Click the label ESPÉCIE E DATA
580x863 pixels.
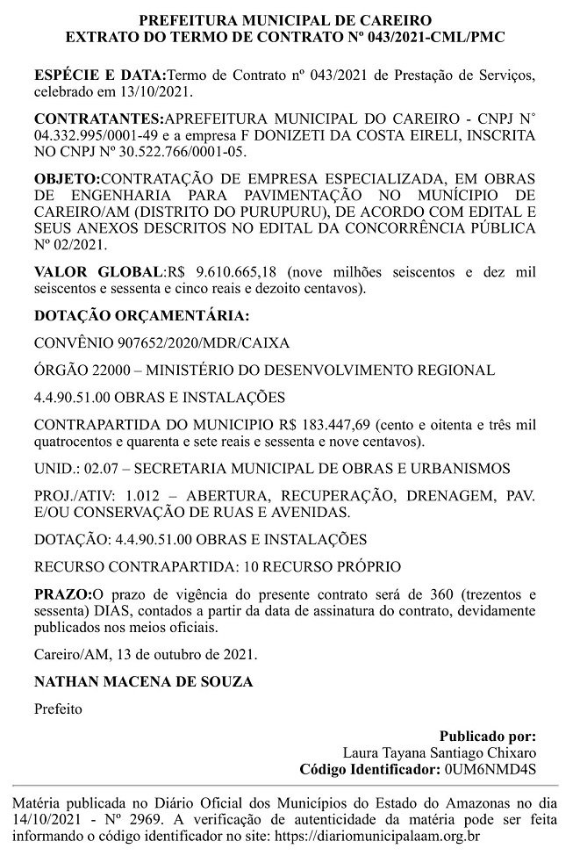pyautogui.click(x=99, y=76)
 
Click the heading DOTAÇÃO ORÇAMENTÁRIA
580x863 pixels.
pyautogui.click(x=141, y=313)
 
